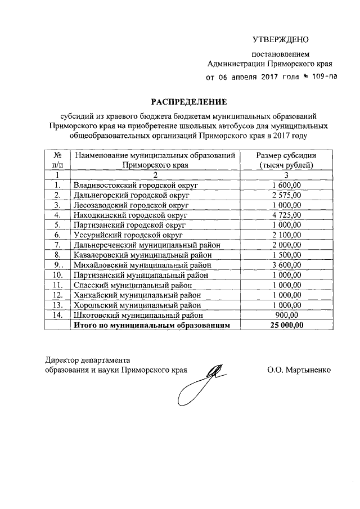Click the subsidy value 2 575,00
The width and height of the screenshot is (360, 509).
pos(286,195)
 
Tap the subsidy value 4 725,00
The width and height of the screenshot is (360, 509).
pos(286,214)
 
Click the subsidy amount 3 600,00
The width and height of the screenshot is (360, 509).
pos(286,264)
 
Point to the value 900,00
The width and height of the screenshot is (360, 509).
pos(286,315)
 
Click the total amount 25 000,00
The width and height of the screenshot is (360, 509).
pos(286,325)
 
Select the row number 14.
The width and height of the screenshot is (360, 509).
pos(57,315)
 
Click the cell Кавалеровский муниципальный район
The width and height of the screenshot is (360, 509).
pos(142,254)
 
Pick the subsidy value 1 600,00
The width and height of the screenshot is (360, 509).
pos(286,184)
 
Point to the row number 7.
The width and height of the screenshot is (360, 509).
pos(57,244)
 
